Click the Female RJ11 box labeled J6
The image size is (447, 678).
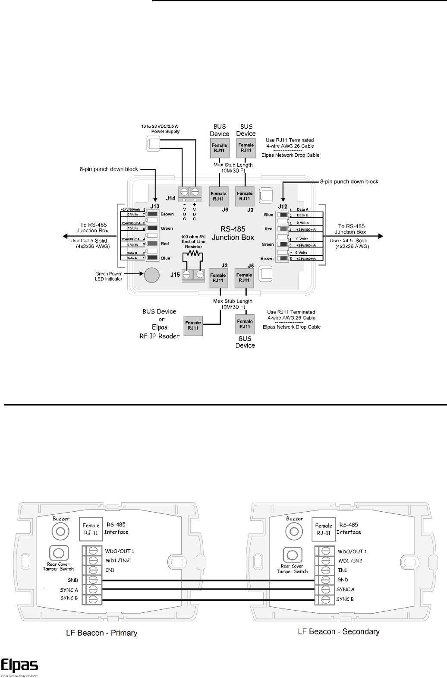pyautogui.click(x=218, y=196)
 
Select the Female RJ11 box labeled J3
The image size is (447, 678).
pyautogui.click(x=245, y=196)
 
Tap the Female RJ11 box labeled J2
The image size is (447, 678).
pyautogui.click(x=218, y=278)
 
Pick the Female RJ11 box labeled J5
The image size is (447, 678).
pyautogui.click(x=244, y=277)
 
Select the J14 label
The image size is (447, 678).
pyautogui.click(x=171, y=198)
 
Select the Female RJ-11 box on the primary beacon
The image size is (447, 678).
pyautogui.click(x=91, y=529)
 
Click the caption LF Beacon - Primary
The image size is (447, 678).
pyautogui.click(x=101, y=633)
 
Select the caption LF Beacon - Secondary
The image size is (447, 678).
pyautogui.click(x=339, y=632)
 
